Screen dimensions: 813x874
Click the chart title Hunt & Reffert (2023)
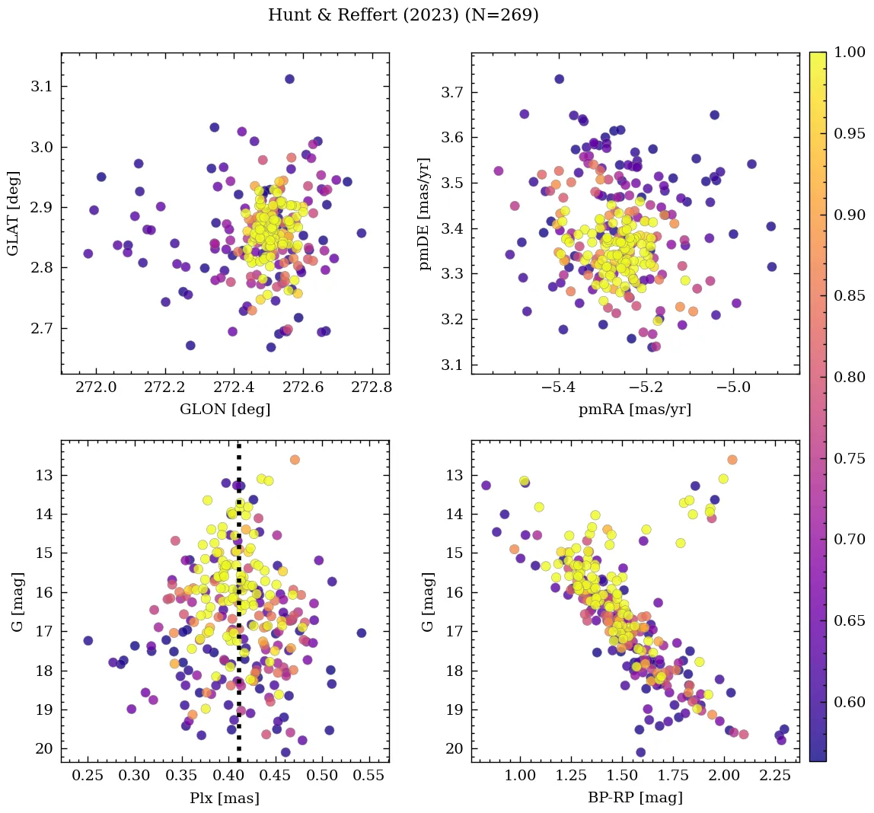tap(403, 15)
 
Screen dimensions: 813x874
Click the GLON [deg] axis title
tap(225, 409)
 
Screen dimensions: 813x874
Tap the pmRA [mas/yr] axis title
tap(635, 409)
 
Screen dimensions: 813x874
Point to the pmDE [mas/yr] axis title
tap(426, 213)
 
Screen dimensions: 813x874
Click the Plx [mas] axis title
tap(225, 798)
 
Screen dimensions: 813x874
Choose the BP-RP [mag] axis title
tap(635, 798)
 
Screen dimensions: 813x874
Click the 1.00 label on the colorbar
tap(850, 53)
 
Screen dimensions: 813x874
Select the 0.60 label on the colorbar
tap(850, 701)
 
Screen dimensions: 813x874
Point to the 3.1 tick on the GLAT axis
tap(42, 87)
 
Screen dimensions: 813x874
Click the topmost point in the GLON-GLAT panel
tap(289, 79)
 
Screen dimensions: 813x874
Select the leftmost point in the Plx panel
tap(88, 640)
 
